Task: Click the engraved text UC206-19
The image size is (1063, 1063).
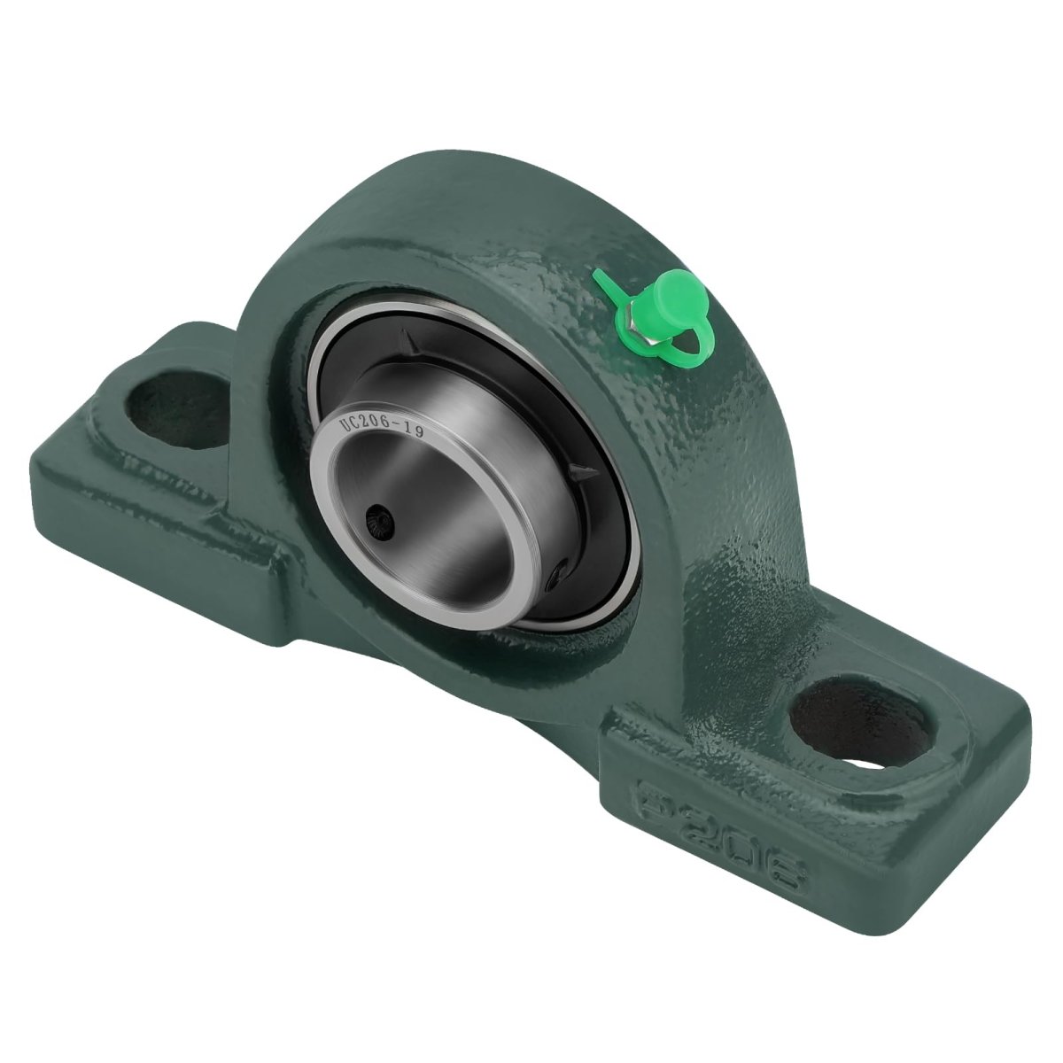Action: tap(381, 426)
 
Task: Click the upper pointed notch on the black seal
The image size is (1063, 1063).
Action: tap(409, 343)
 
